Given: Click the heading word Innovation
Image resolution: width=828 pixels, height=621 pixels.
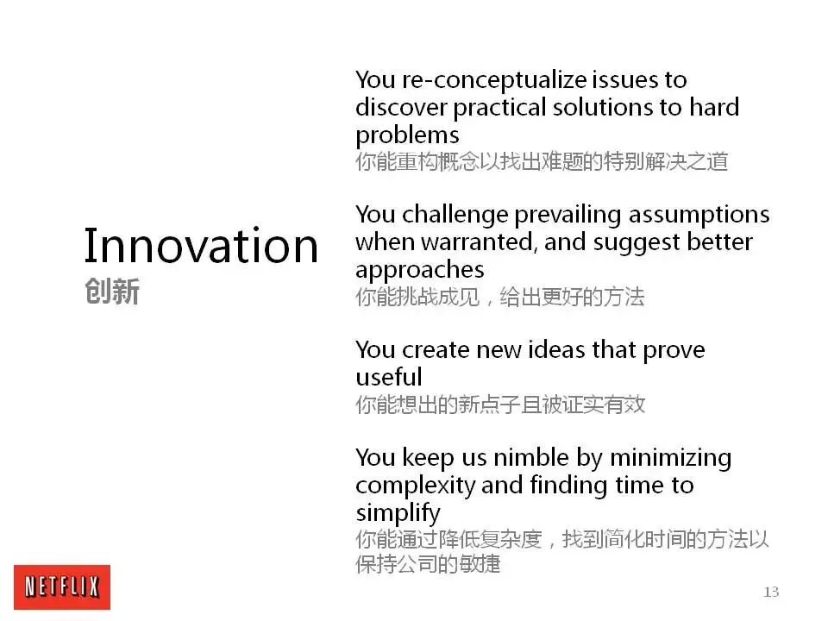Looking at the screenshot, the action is (x=201, y=245).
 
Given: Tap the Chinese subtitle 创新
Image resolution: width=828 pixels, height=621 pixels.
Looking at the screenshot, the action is (x=112, y=291).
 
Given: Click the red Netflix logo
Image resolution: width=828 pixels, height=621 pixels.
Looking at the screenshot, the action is (x=62, y=586).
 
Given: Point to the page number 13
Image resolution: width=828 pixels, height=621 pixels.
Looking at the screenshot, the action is (x=771, y=592).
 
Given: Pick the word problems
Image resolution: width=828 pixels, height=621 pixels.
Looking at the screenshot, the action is (x=407, y=135).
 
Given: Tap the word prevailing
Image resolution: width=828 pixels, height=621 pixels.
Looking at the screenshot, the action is (x=568, y=216).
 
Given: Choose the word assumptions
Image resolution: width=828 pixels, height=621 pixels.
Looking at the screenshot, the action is (x=699, y=216).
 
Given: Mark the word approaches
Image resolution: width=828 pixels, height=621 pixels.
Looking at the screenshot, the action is (x=420, y=270).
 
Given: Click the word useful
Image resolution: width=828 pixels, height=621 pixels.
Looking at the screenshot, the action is (x=389, y=378).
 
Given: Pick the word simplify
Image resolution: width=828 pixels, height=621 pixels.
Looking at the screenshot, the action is (x=398, y=513).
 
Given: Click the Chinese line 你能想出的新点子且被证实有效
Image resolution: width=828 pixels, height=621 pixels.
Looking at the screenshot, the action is (x=500, y=405).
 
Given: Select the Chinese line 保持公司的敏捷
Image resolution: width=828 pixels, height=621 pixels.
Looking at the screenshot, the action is (x=428, y=564).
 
